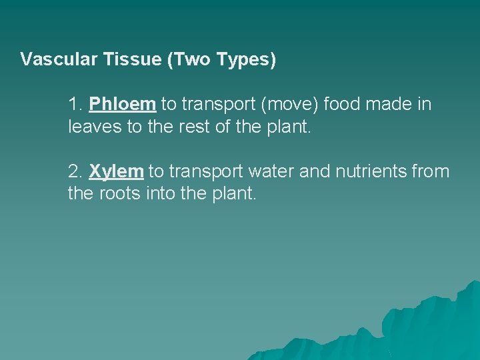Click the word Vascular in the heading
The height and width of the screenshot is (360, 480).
59,60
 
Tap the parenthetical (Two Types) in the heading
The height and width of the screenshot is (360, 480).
222,60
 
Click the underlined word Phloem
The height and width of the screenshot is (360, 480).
123,104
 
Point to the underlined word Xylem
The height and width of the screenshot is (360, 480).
116,171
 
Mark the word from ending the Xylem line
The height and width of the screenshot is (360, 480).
432,171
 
